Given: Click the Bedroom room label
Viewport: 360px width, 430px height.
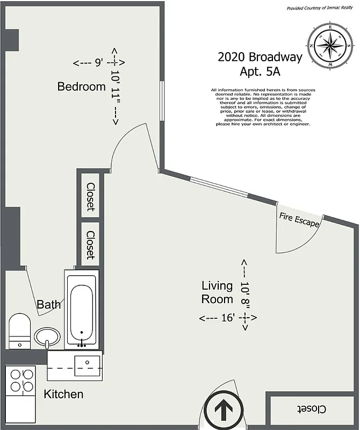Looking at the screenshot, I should pos(82,87).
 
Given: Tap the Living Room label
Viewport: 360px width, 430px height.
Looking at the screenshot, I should pos(217,292).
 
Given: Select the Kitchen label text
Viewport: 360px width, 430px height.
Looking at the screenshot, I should pos(63,394).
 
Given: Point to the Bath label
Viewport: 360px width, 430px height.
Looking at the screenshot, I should pos(48,305).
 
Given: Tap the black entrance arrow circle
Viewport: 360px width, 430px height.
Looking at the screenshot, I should pos(221,411).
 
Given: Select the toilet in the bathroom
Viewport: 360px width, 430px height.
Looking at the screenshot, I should pos(20,330).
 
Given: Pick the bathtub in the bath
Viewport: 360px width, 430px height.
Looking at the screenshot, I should pos(81,310).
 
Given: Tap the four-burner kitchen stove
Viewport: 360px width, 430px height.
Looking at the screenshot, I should pos(20,379).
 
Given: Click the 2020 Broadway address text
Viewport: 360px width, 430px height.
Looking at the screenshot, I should pos(260,57).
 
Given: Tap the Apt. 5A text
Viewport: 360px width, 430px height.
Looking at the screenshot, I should pos(261,70).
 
